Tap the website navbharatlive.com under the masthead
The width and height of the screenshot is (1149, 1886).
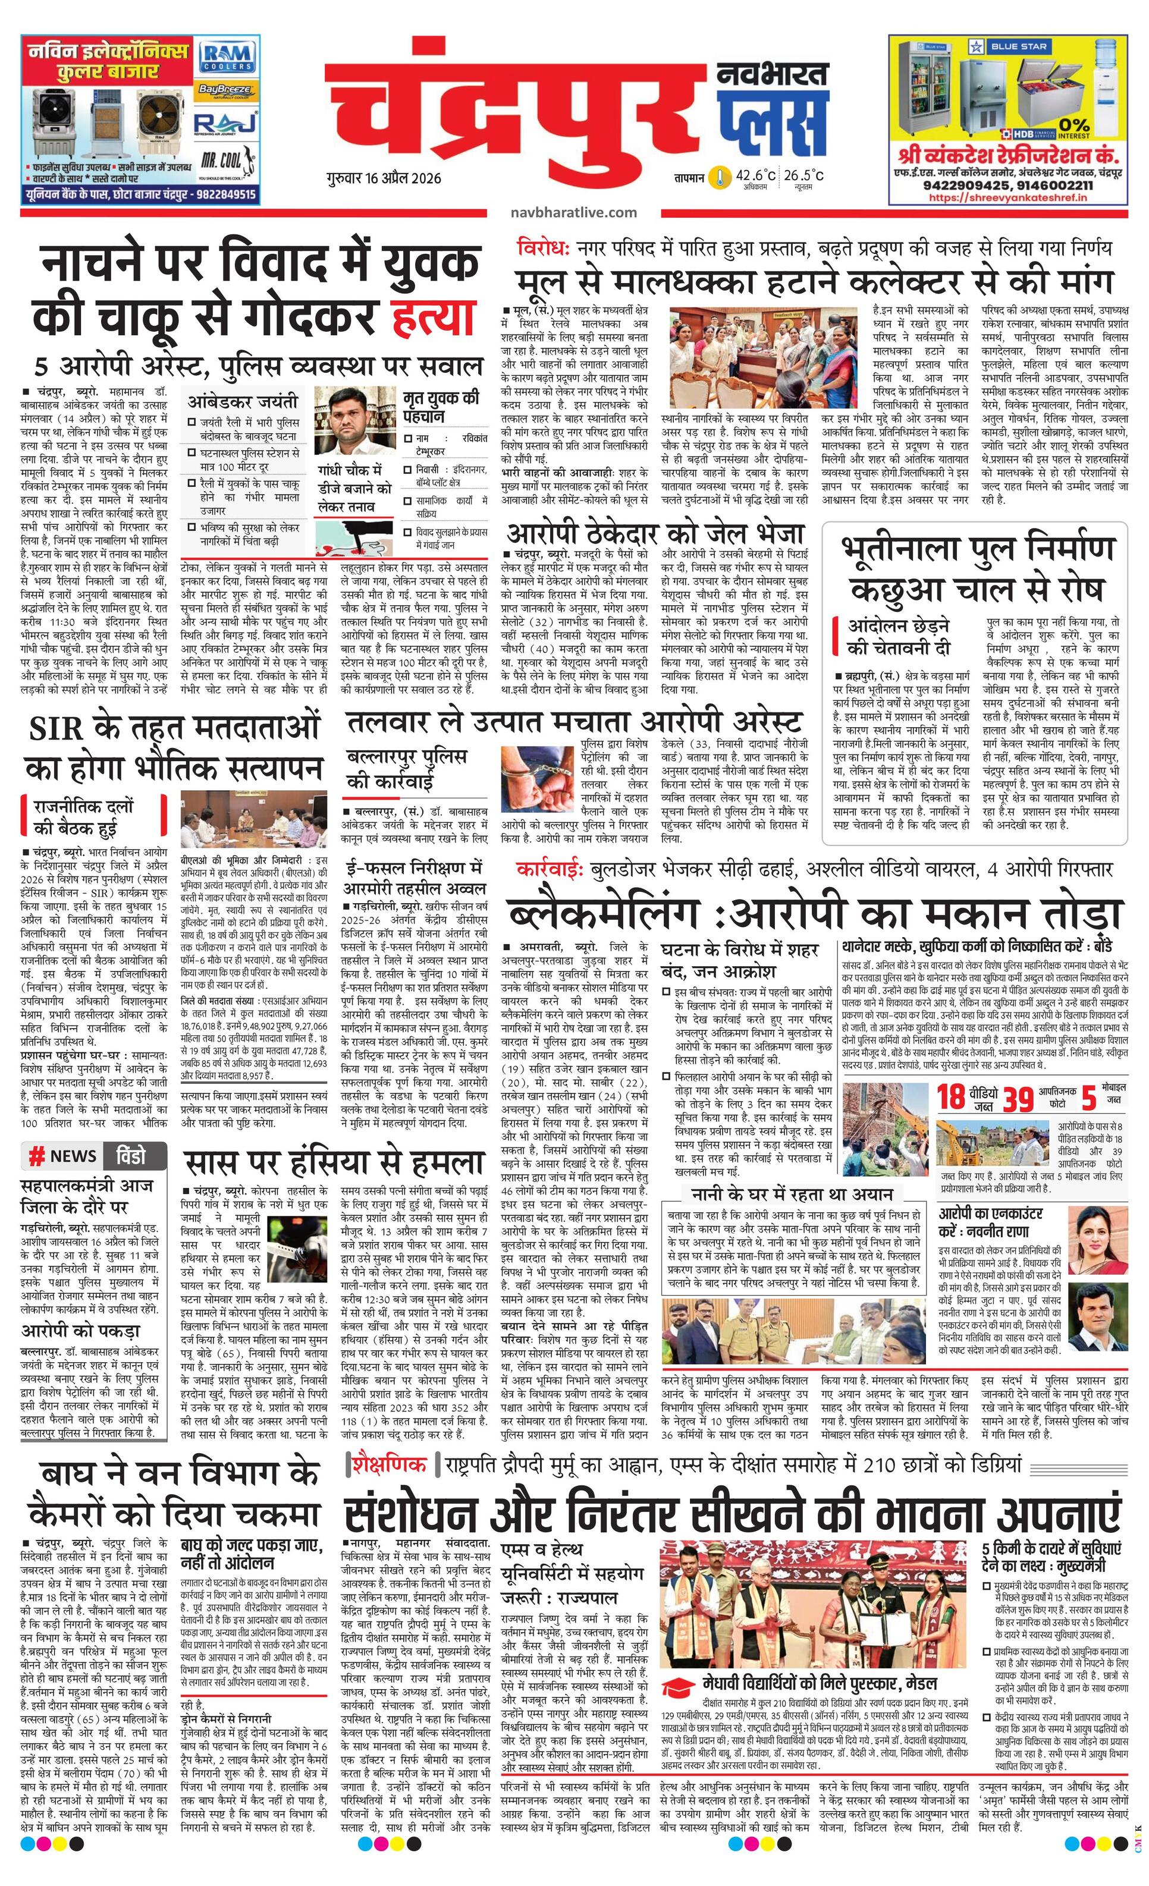573,212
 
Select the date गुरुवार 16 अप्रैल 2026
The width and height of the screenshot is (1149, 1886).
383,178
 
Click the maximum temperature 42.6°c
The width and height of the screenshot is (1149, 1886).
755,175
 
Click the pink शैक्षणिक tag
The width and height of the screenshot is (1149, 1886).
389,1464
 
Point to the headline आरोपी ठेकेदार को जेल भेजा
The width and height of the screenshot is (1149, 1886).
655,533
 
